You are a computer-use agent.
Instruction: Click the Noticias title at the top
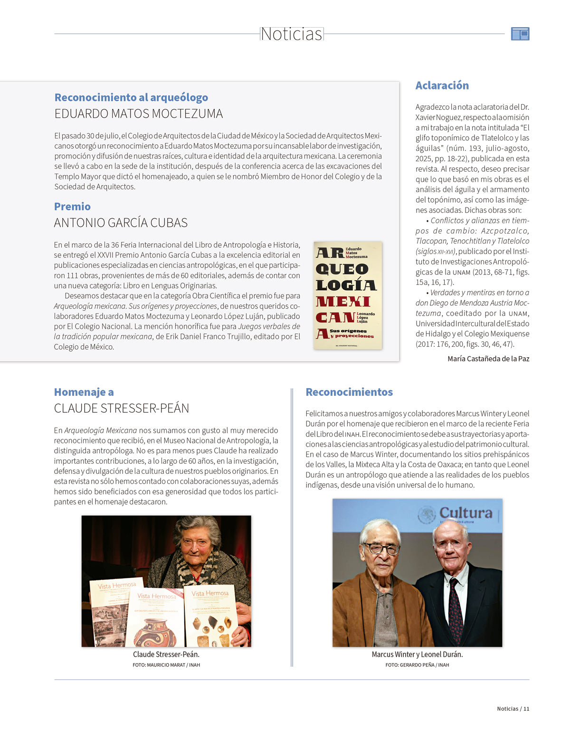click(x=291, y=34)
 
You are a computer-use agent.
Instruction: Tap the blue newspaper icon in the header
click(x=520, y=34)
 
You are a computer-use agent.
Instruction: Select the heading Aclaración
click(x=442, y=86)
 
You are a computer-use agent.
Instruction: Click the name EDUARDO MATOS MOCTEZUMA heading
click(x=138, y=114)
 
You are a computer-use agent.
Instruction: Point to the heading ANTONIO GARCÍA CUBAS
click(x=121, y=223)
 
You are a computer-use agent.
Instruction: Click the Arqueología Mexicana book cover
click(x=348, y=295)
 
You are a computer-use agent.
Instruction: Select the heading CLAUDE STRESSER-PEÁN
click(x=121, y=408)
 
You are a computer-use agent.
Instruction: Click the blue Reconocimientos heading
click(x=349, y=392)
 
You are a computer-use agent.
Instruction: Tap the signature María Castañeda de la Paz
click(x=488, y=359)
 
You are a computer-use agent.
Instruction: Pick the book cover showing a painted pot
click(x=155, y=618)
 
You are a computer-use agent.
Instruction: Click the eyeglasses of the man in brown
click(x=382, y=548)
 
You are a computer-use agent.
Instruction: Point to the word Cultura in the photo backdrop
click(x=465, y=513)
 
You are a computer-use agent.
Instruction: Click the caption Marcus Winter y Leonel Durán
click(x=417, y=655)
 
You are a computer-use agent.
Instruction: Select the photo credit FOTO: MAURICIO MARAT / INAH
click(x=166, y=665)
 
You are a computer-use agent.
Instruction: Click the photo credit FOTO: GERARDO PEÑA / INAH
click(x=417, y=665)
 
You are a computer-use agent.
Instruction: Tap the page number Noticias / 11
click(x=513, y=709)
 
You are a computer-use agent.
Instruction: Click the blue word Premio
click(x=72, y=206)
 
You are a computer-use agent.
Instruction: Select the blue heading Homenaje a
click(x=84, y=392)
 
